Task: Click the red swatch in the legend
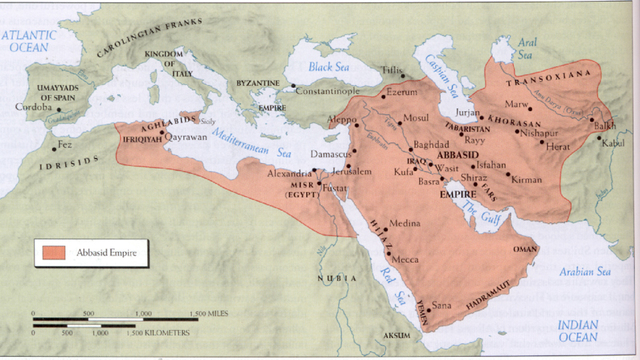(53, 256)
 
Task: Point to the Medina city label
(405, 223)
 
